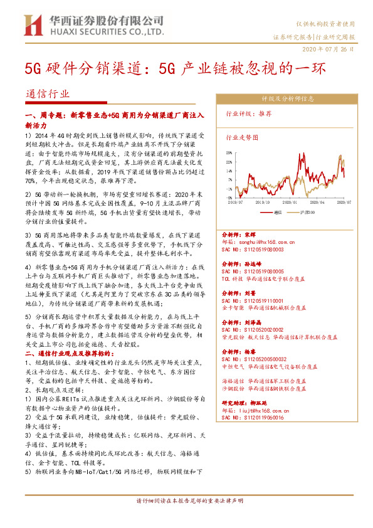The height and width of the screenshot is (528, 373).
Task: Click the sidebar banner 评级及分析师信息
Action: click(288, 98)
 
